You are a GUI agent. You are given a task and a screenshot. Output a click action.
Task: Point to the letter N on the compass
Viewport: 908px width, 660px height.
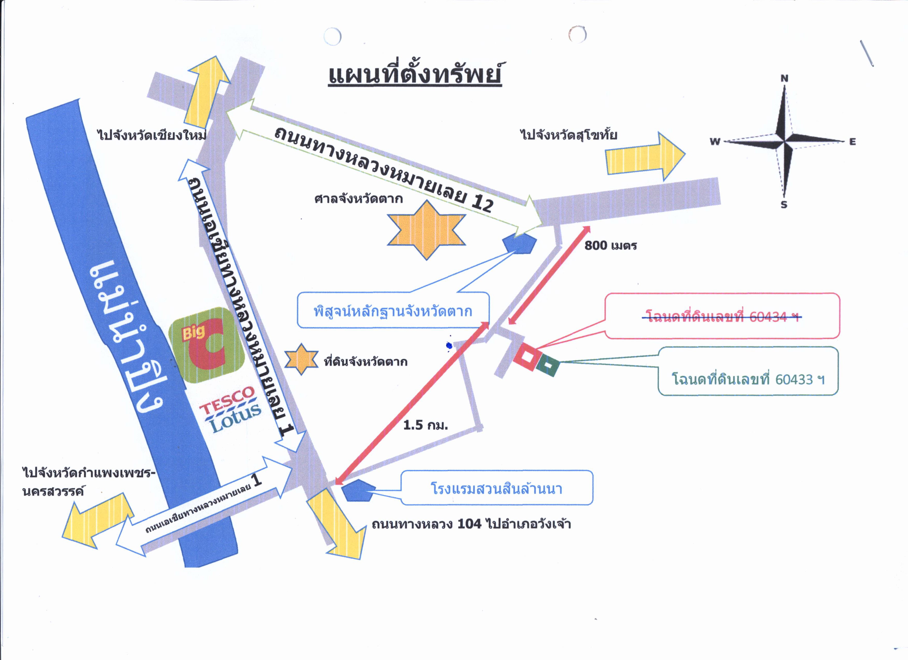pyautogui.click(x=784, y=78)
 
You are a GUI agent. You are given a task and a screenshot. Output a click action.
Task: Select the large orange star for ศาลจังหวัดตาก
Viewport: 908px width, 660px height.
pyautogui.click(x=426, y=230)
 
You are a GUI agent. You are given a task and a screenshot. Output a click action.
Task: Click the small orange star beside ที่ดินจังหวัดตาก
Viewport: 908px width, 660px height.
pyautogui.click(x=301, y=359)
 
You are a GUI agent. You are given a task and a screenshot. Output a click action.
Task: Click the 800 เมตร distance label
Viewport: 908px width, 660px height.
pyautogui.click(x=611, y=245)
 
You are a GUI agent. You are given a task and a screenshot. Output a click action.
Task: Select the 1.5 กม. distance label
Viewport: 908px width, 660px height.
pyautogui.click(x=425, y=425)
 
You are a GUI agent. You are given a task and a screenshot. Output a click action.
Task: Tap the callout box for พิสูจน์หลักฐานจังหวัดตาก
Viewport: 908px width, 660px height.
pyautogui.click(x=393, y=310)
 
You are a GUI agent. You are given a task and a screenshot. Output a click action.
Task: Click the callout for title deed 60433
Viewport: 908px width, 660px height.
pyautogui.click(x=748, y=371)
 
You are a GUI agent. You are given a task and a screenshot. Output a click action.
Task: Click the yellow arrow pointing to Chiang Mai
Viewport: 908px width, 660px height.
pyautogui.click(x=206, y=92)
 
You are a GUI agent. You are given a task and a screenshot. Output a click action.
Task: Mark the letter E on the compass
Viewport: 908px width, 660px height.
pyautogui.click(x=852, y=142)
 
